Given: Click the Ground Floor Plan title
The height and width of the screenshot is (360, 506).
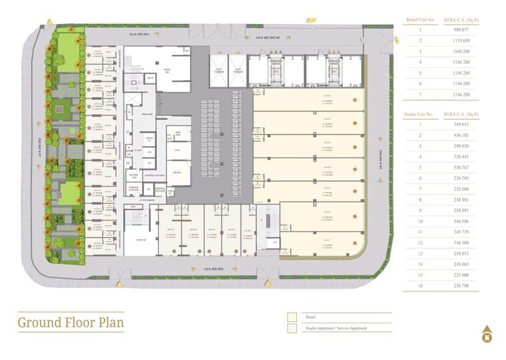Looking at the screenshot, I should pos(71,323).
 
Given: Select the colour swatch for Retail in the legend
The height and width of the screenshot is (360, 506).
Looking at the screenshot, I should pos(292,317).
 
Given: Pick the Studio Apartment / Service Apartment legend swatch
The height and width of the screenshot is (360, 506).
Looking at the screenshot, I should pos(292,328).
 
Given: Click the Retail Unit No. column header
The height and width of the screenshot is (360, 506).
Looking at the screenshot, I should pos(419,20).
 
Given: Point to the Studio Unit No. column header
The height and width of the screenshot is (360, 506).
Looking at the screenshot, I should pos(419,114).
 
